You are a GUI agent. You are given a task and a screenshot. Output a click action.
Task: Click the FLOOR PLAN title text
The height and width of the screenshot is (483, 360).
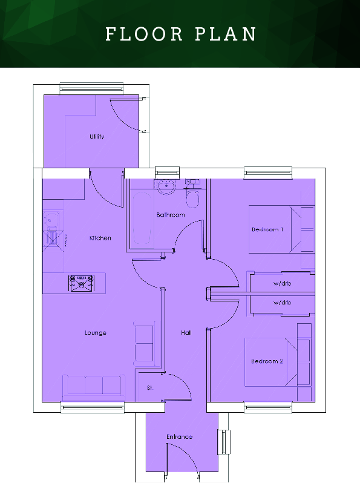[x=180, y=34]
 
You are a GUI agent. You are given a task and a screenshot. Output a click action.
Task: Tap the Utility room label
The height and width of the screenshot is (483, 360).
[x=97, y=137]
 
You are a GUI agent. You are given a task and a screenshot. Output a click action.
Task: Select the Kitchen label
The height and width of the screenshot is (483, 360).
[x=100, y=238]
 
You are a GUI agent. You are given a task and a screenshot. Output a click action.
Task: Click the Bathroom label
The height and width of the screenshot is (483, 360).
[x=171, y=215]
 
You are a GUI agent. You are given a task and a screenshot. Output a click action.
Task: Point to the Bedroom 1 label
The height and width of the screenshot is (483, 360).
[x=267, y=229]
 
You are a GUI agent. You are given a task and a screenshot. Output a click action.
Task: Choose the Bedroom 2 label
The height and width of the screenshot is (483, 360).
[x=267, y=361]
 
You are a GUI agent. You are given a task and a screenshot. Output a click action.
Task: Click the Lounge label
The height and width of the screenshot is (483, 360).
[x=96, y=333]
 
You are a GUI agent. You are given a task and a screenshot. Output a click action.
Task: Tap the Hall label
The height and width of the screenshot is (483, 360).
[x=186, y=332]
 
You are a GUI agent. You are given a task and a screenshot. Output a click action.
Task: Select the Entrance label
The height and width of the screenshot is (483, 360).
[x=179, y=436]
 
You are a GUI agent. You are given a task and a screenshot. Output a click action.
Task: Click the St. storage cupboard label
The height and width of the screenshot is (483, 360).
[x=149, y=388]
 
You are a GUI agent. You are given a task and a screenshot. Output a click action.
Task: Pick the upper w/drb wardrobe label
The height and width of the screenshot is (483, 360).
[x=283, y=283]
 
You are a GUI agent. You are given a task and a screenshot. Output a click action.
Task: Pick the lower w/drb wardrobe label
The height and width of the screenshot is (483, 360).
[x=283, y=302]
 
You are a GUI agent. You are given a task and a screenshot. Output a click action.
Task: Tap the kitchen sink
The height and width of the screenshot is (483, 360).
[x=50, y=218]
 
